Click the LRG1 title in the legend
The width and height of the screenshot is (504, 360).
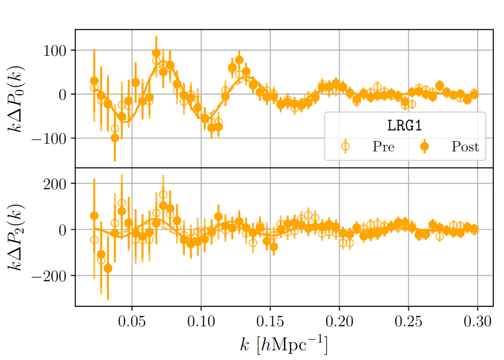pyautogui.click(x=405, y=125)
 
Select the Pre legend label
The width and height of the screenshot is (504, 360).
pyautogui.click(x=383, y=147)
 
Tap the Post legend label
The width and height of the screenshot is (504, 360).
pyautogui.click(x=465, y=147)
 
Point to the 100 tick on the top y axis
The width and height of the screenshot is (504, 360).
pyautogui.click(x=58, y=50)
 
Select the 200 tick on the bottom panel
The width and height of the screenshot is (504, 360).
pyautogui.click(x=58, y=184)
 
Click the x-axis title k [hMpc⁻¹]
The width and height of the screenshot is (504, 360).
pyautogui.click(x=283, y=345)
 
